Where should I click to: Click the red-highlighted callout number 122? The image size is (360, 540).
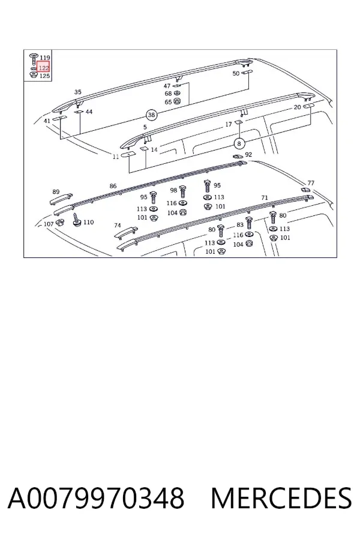(x=44, y=68)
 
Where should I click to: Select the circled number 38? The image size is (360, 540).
(x=151, y=115)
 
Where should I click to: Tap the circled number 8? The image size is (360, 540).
(x=239, y=143)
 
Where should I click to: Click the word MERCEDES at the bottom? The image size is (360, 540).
(x=281, y=498)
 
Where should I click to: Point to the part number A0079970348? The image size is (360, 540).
(x=96, y=498)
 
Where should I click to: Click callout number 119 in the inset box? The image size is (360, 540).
(x=45, y=58)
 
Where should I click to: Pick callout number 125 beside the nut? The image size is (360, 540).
(x=45, y=76)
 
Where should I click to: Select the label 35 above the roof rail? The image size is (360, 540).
(x=78, y=92)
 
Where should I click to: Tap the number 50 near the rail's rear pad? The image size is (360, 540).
(x=236, y=73)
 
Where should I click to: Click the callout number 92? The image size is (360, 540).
(x=248, y=155)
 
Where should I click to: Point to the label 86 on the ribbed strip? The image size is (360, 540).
(x=113, y=186)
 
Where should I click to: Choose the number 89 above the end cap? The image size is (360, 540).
(x=56, y=192)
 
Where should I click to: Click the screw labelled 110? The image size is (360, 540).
(x=77, y=220)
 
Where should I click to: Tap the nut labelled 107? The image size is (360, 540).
(x=59, y=223)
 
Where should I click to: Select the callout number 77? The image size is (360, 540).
(x=311, y=183)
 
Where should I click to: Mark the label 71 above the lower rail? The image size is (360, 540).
(x=265, y=197)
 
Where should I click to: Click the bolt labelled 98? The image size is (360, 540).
(x=182, y=191)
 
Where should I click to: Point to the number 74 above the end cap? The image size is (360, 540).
(x=118, y=225)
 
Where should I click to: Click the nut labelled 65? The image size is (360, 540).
(x=178, y=101)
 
